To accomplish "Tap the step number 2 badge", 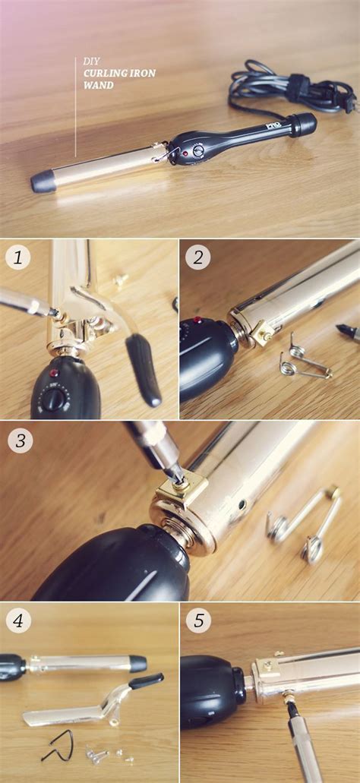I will tap(197, 258).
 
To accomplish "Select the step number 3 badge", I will tap(20, 440).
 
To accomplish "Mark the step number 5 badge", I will tap(197, 620).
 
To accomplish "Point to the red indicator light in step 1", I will tap(54, 374).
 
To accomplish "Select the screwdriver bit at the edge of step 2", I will tap(349, 331).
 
